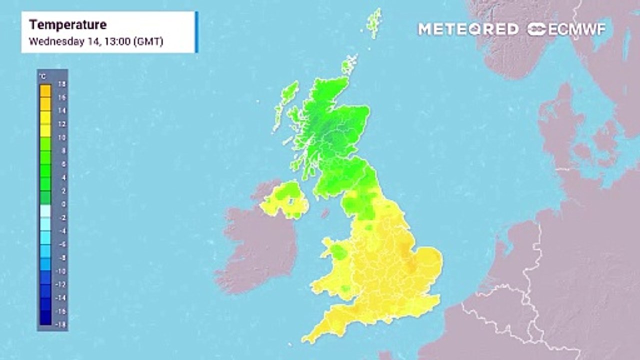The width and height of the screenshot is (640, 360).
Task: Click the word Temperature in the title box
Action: click(x=67, y=24)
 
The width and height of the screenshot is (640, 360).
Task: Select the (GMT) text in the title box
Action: click(x=148, y=41)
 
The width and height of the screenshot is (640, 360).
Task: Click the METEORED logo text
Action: click(x=468, y=29)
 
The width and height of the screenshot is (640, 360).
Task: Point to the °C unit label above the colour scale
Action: click(x=43, y=76)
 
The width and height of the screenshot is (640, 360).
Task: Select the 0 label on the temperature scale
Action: click(x=63, y=204)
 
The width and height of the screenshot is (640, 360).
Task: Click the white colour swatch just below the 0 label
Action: click(x=45, y=210)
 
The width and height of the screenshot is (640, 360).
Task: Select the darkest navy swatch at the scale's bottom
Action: click(x=45, y=318)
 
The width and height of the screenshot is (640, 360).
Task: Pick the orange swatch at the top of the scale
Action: click(x=45, y=90)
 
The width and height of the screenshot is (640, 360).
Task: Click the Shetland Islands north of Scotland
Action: click(x=373, y=22)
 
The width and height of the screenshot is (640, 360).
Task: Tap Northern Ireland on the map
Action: click(x=285, y=200)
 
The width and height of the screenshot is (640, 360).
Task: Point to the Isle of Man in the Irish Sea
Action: click(x=325, y=213)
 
